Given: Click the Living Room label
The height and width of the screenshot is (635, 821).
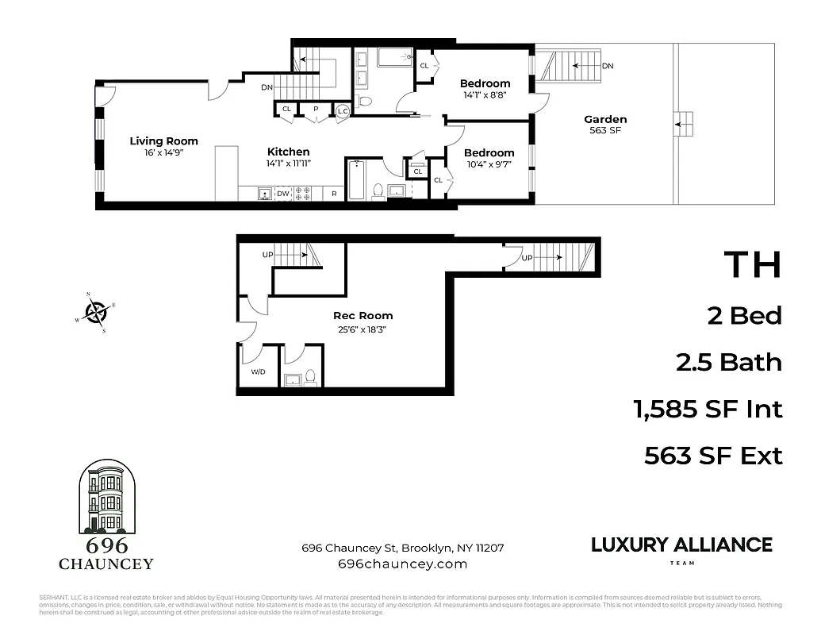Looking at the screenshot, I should (163, 141).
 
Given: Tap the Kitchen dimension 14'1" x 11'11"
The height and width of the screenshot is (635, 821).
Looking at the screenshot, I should (288, 164).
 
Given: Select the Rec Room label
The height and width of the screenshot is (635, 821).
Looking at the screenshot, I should (363, 316).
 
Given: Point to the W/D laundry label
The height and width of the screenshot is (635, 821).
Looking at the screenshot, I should (258, 371).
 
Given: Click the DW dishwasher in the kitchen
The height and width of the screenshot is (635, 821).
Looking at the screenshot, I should (282, 194).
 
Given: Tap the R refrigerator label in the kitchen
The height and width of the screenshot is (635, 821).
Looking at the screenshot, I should (334, 194).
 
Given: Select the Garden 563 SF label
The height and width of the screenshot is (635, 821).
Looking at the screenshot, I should (607, 125).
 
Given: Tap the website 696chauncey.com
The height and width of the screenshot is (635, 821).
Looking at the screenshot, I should (402, 564).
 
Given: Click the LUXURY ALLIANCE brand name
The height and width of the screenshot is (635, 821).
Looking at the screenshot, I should (681, 545).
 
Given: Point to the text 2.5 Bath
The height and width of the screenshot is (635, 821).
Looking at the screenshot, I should (728, 363).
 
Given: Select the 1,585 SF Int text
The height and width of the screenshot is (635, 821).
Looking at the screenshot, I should (708, 410).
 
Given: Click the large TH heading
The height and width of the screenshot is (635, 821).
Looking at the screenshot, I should (752, 265).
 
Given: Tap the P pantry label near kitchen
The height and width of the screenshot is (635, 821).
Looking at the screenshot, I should (315, 110).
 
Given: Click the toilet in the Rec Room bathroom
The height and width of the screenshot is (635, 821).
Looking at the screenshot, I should (310, 378).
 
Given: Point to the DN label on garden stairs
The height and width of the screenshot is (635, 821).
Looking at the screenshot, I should (608, 66).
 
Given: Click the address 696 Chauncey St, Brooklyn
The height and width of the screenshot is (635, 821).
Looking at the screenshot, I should (402, 548).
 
